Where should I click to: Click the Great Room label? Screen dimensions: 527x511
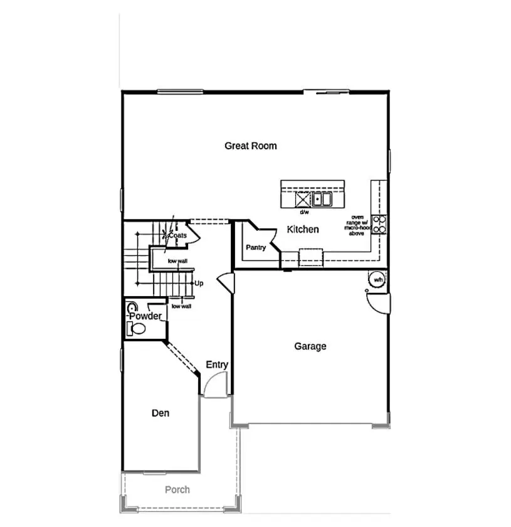pos(251,146)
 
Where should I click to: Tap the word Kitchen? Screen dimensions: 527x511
pos(303,230)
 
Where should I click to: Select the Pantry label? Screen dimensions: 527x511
pos(256,248)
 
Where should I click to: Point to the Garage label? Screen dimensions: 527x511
pos(310,346)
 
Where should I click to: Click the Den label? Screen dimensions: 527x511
pos(161,413)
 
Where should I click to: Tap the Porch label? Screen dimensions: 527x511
pos(177,489)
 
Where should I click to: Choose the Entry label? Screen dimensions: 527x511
pos(217,365)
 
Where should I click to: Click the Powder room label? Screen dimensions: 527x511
pos(145,316)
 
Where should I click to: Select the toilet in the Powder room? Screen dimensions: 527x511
pos(137,328)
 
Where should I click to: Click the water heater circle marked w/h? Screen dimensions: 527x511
pos(377,280)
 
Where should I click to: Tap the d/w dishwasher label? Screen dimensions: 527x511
pos(304,213)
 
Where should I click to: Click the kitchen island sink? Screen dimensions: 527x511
pos(322,200)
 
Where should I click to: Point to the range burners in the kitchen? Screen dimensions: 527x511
pos(379,224)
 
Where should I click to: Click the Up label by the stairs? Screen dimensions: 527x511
pos(199,284)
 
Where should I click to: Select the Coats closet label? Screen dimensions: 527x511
pos(178,235)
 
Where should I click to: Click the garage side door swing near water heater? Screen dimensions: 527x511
pos(379,304)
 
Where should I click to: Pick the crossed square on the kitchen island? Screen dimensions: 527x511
pos(303,200)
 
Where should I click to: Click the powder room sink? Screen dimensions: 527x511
pos(133,308)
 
